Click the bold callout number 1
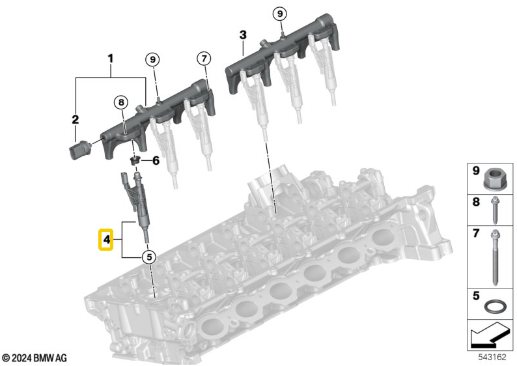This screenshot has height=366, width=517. [x=111, y=59]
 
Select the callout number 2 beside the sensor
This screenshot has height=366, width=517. [x=75, y=119]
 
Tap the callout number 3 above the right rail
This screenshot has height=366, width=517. [x=242, y=35]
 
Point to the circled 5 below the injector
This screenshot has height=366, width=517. [x=148, y=257]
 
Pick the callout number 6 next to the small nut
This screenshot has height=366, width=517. [x=156, y=160]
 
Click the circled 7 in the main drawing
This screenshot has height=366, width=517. [x=204, y=59]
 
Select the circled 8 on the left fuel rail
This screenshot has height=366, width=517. [x=120, y=102]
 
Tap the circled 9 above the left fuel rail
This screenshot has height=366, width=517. [x=152, y=59]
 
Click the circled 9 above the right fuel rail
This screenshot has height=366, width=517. [x=279, y=13]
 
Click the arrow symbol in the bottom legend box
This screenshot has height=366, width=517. [x=486, y=336]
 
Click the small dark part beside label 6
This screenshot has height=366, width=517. [x=135, y=160]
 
